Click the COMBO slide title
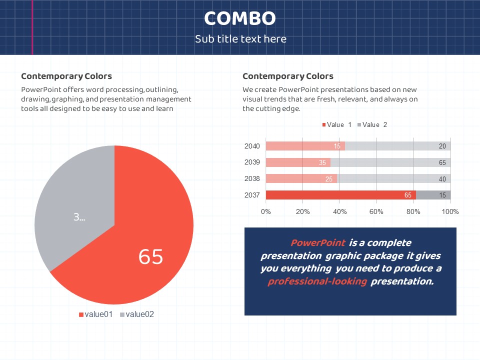(240, 19)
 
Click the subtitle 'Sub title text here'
(240, 39)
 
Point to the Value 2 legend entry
(372, 124)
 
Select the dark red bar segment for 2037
(340, 195)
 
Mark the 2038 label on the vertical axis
(252, 178)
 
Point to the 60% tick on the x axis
(376, 211)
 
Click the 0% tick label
(266, 211)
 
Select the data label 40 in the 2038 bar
(442, 179)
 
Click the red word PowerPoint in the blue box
(318, 243)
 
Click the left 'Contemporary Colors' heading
(66, 76)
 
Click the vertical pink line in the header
(32, 27)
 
